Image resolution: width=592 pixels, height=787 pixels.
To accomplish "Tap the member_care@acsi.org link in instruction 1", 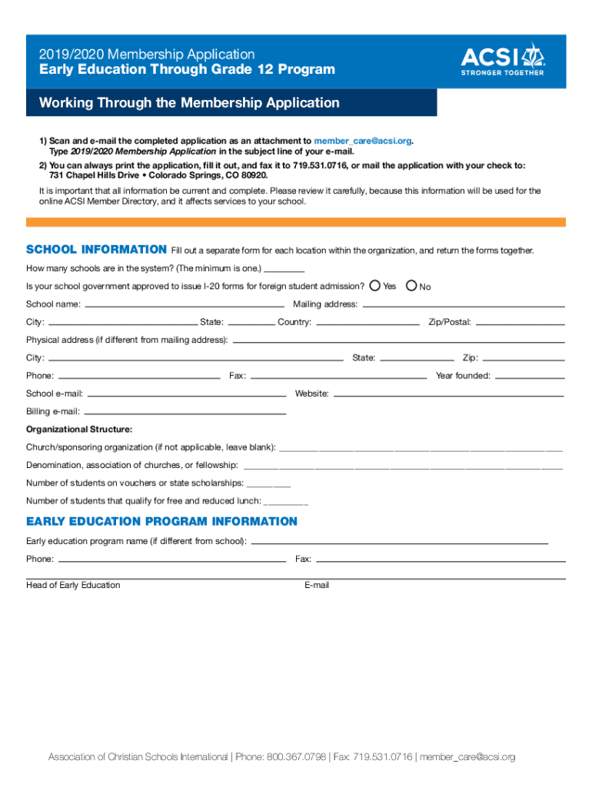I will pyautogui.click(x=363, y=141).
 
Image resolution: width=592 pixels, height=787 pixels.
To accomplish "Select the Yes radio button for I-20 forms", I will pyautogui.click(x=374, y=286).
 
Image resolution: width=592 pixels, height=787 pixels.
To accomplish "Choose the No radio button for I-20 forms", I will pyautogui.click(x=411, y=286).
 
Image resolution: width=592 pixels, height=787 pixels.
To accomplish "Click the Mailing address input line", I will pyautogui.click(x=463, y=305).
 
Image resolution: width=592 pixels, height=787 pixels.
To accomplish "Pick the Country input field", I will pyautogui.click(x=368, y=323).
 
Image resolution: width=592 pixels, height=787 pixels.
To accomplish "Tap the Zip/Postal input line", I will pyautogui.click(x=520, y=323).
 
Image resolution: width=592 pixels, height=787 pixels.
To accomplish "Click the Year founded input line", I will pyautogui.click(x=530, y=377).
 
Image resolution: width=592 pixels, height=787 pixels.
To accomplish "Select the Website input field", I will pyautogui.click(x=449, y=394).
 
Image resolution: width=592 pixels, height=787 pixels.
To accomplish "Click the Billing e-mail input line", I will pyautogui.click(x=185, y=413).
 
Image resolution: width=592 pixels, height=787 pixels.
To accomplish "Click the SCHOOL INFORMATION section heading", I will pyautogui.click(x=96, y=250).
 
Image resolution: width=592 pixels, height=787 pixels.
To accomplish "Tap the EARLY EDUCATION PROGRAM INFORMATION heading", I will pyautogui.click(x=161, y=522).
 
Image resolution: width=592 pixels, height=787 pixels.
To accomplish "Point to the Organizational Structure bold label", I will pyautogui.click(x=79, y=429).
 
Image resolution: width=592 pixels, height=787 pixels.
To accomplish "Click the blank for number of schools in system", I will pyautogui.click(x=284, y=270).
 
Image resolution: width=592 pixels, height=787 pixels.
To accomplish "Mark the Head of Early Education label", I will pyautogui.click(x=73, y=586).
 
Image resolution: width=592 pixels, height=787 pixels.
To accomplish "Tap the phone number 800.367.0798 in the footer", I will pyautogui.click(x=296, y=757).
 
